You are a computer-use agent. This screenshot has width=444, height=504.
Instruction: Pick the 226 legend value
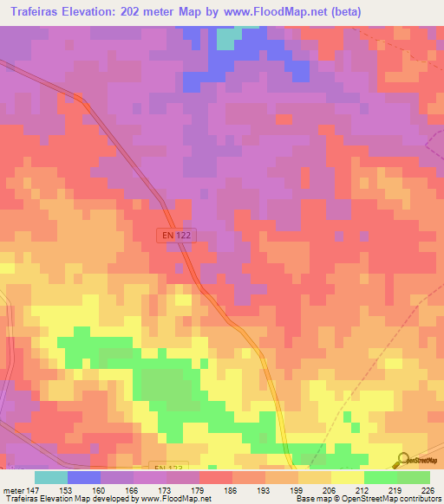[428, 489]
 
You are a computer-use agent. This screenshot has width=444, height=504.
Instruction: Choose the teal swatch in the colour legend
[51, 477]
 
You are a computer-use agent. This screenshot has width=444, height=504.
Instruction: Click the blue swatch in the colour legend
[84, 477]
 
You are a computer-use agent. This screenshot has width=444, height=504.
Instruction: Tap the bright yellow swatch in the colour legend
[347, 477]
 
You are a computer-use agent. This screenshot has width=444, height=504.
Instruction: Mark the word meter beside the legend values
[14, 489]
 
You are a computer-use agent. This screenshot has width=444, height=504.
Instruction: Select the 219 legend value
[395, 489]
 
